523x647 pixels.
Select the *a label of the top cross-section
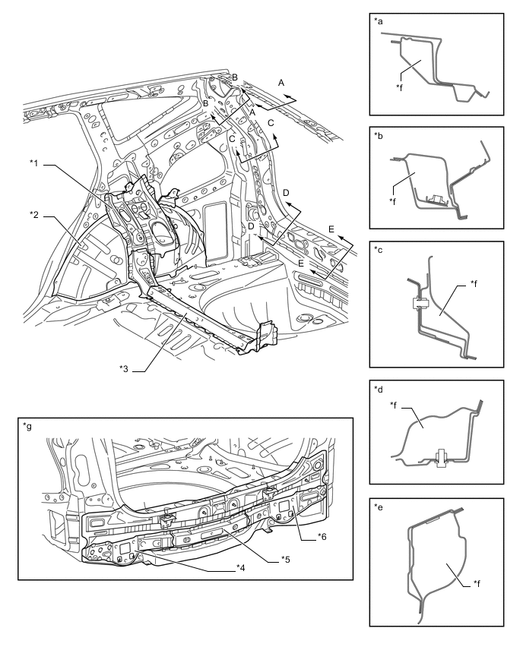[x=379, y=21]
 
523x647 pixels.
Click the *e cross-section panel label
[x=379, y=507]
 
